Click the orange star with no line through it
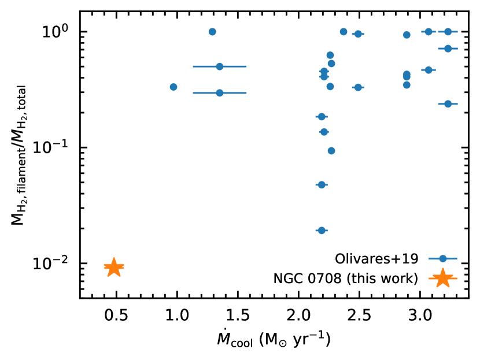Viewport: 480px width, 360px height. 114,267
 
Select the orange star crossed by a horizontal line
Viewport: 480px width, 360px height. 443,278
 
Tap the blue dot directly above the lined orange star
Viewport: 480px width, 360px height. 443,258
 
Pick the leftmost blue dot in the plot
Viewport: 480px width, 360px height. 173,87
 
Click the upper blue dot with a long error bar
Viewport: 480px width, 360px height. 219,66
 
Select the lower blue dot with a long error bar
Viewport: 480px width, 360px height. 219,93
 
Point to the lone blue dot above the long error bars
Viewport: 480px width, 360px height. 212,32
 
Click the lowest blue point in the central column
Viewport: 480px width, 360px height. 322,231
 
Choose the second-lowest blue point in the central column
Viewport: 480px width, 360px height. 322,185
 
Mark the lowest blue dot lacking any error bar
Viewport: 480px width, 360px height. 331,151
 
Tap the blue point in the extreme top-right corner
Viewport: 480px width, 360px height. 448,32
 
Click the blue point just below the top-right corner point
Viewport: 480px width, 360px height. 448,49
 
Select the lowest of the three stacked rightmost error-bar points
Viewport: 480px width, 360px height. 448,104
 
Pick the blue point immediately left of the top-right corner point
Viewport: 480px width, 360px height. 429,32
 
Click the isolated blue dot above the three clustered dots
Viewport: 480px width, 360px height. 407,35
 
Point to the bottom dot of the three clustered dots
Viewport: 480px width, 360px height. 407,85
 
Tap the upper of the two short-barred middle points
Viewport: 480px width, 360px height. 358,34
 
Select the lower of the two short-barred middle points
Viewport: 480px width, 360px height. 358,87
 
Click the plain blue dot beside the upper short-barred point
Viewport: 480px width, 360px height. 344,32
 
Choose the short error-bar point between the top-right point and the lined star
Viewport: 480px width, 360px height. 429,70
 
